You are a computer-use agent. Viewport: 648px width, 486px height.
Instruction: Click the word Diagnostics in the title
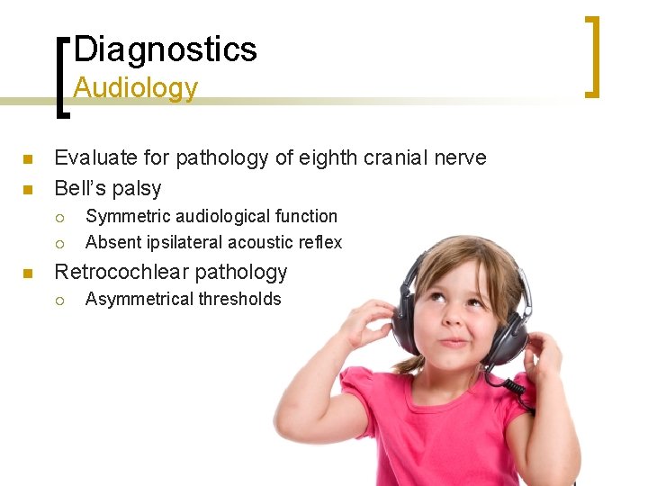click(x=166, y=49)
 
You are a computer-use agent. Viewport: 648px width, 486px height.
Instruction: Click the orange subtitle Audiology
click(x=135, y=88)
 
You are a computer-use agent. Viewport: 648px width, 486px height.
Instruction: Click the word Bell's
click(x=80, y=189)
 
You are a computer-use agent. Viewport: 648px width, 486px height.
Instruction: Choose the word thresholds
click(x=240, y=300)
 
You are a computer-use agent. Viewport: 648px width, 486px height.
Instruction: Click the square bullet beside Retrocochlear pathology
click(x=27, y=273)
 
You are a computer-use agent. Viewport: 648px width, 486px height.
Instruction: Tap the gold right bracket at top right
click(x=592, y=56)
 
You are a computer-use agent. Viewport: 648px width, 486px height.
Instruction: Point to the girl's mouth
click(x=454, y=342)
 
